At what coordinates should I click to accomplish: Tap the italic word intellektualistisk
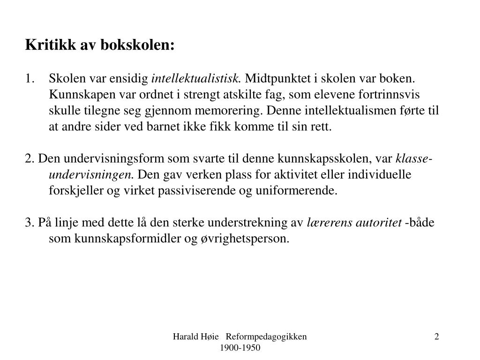196,78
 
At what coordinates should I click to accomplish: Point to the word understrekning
253,222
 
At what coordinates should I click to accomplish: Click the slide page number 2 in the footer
437,337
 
